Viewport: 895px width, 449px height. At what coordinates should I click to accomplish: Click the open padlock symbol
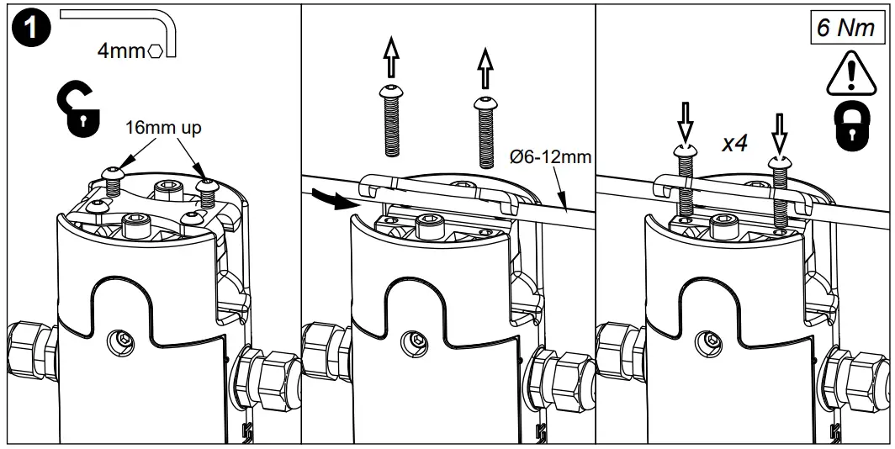[x=79, y=111]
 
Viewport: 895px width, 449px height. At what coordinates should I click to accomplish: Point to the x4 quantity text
[x=737, y=144]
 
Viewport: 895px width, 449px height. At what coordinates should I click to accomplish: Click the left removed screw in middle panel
[x=392, y=121]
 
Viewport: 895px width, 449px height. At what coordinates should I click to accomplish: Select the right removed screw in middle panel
[x=485, y=127]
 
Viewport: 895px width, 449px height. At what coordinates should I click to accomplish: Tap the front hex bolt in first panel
[x=135, y=225]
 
